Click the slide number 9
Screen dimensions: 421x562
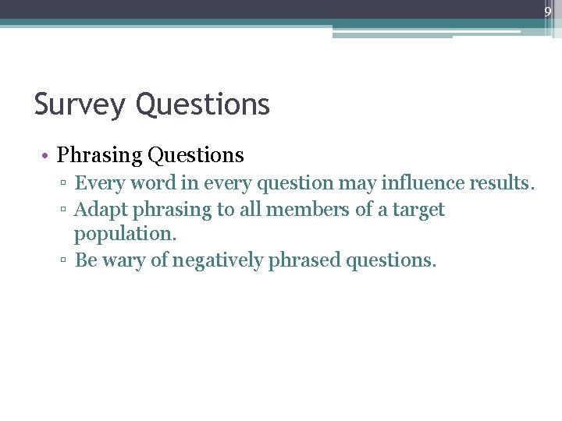[x=548, y=12]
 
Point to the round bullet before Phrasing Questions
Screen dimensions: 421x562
[x=47, y=156]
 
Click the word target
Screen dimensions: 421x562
[x=418, y=210]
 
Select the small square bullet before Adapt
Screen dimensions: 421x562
[x=65, y=210]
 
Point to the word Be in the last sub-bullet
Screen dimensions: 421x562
[x=85, y=260]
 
